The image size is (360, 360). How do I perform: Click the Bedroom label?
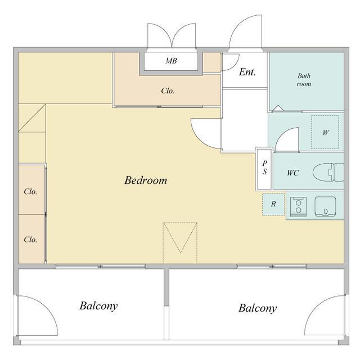(146, 181)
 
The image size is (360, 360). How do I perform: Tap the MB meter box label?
(171, 61)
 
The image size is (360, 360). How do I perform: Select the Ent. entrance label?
(247, 72)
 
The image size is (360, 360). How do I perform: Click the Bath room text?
(304, 80)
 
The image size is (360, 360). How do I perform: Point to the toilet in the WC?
(328, 173)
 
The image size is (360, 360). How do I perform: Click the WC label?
(293, 173)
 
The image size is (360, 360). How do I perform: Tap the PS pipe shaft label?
(265, 168)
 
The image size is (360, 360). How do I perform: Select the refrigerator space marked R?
(273, 204)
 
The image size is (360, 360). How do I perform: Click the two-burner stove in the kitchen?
(299, 206)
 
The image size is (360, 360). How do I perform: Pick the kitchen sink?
(325, 206)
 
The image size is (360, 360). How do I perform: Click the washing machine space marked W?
(325, 132)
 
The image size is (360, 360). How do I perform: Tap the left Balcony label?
(99, 306)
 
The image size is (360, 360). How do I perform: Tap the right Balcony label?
(258, 308)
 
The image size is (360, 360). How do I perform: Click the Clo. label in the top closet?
(168, 91)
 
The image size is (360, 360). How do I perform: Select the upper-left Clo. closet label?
(30, 192)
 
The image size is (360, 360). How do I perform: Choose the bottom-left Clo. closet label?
(30, 240)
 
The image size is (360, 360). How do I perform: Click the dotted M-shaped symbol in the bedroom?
(180, 242)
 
